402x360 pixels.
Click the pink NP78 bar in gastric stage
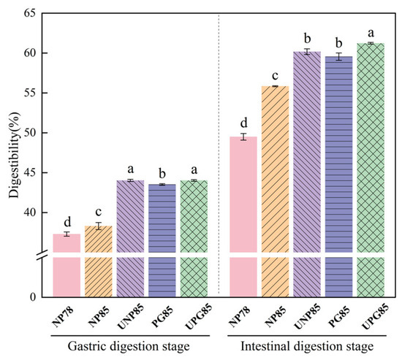pos(67,265)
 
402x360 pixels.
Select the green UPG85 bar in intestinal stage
pos(371,170)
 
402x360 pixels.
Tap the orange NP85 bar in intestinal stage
pos(275,191)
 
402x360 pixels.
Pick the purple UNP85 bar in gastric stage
pos(130,239)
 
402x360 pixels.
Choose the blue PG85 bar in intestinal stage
pos(338,177)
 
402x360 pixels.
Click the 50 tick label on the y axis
pos(30,133)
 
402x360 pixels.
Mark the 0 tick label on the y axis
pos(33,297)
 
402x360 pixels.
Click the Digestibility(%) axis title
pos(14,156)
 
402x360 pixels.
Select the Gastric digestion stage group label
pos(129,346)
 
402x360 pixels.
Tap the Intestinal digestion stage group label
pos(307,346)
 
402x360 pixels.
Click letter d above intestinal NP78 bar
pos(244,123)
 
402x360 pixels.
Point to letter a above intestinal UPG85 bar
pos(371,34)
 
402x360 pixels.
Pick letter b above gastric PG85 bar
pos(162,173)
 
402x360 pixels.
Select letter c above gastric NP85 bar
pos(99,212)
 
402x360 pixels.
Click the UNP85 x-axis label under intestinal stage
pos(308,316)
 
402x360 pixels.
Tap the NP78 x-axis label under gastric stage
pos(63,317)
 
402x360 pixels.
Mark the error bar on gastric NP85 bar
pos(99,226)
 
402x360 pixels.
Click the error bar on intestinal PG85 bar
pos(339,56)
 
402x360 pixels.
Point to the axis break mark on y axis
pos(42,255)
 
